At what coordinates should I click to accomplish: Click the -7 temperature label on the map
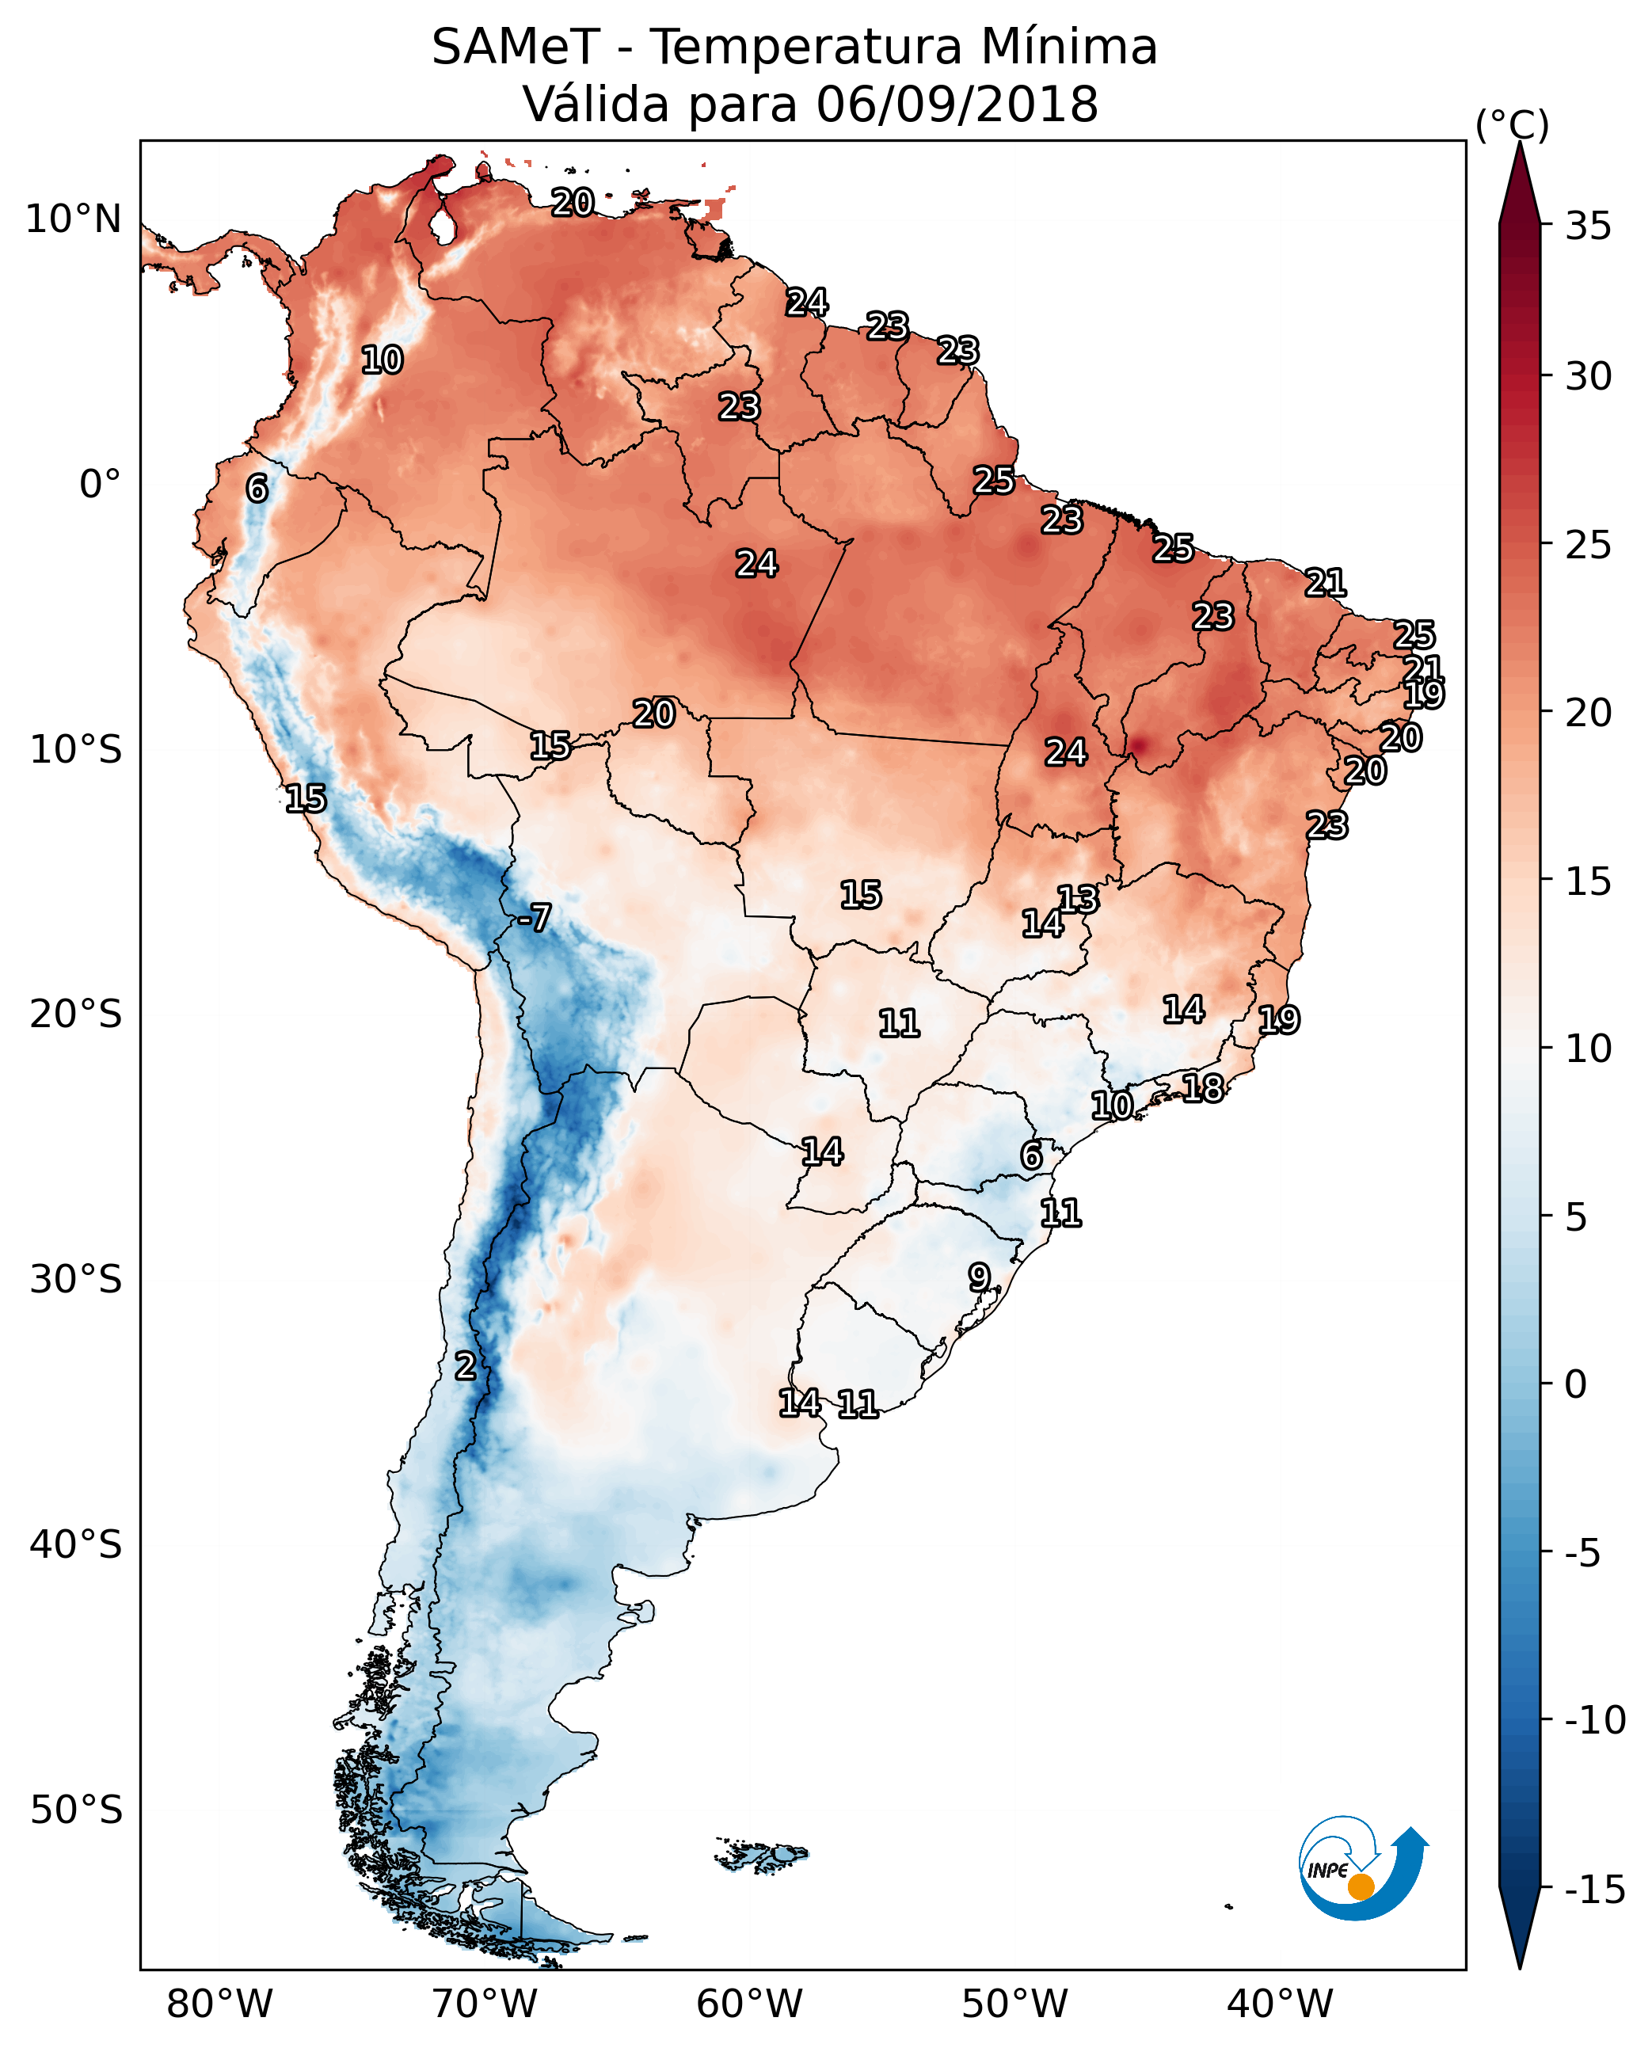point(535,919)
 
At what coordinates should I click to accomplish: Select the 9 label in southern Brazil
point(979,1277)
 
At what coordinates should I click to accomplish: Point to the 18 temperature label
point(1203,1088)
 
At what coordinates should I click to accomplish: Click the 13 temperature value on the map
point(1078,900)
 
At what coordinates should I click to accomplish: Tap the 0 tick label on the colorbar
point(1576,1384)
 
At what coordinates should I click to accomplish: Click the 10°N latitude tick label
point(74,220)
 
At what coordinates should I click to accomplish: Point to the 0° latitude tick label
point(100,485)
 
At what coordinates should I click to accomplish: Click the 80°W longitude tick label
point(220,2004)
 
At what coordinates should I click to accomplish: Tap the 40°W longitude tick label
point(1280,2004)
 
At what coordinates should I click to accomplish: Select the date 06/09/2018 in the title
point(957,104)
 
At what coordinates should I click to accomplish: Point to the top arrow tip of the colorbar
point(1520,145)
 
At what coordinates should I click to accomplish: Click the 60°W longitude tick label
point(750,2004)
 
